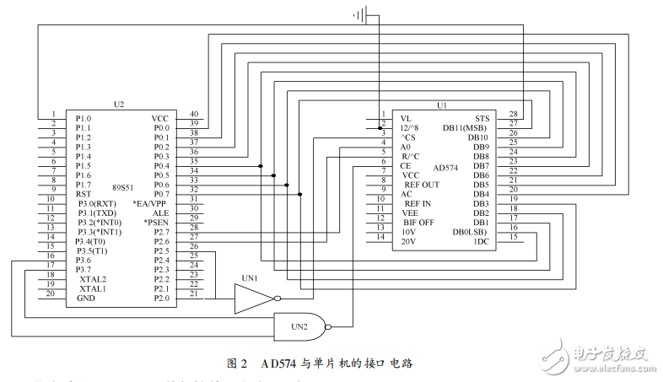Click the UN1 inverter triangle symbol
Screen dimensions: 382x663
click(254, 297)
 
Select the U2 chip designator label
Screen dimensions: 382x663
click(118, 104)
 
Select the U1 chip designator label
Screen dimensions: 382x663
click(441, 105)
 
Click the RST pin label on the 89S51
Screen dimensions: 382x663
click(84, 194)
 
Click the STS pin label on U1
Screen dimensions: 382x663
click(482, 118)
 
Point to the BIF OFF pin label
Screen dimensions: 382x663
click(418, 223)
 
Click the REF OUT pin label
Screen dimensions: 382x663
click(421, 185)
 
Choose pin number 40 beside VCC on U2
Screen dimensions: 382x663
click(194, 114)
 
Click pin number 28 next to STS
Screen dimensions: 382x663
click(514, 114)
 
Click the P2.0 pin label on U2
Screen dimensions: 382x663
click(160, 298)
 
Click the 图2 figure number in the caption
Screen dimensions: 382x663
click(237, 363)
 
